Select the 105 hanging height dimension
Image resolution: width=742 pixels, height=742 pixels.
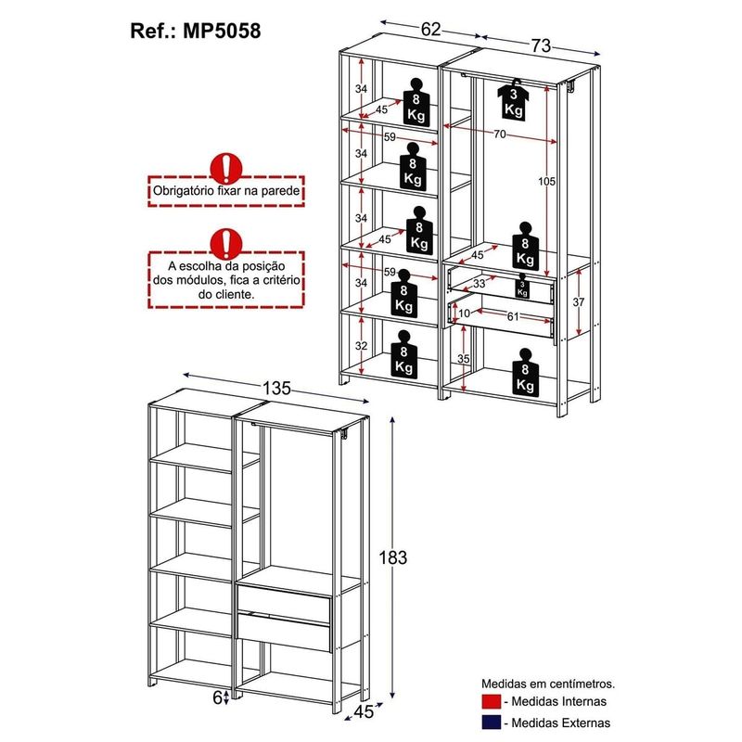[x=546, y=182]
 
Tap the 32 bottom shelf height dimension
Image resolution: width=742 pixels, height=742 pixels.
[x=362, y=346]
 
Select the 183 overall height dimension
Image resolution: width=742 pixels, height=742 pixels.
[x=394, y=557]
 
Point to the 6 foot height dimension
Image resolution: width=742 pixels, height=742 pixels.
[x=218, y=697]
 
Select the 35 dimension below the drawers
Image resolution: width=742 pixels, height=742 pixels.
[x=465, y=359]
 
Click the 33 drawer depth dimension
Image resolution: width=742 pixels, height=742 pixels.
[x=480, y=284]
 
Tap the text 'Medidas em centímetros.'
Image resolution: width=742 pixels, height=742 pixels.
[x=547, y=683]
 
